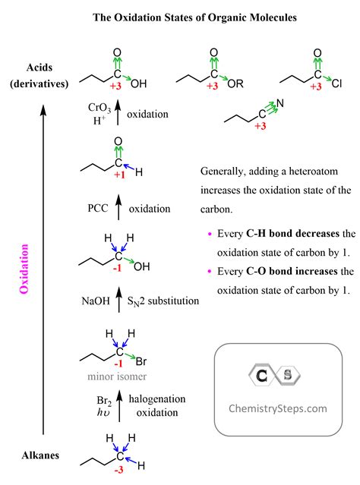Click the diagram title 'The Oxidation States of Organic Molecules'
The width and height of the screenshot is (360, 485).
(x=180, y=16)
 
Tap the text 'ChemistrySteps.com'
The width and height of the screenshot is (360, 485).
(x=278, y=408)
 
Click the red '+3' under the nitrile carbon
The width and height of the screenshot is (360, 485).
(x=261, y=125)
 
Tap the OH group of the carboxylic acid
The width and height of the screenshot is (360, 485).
(x=138, y=83)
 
